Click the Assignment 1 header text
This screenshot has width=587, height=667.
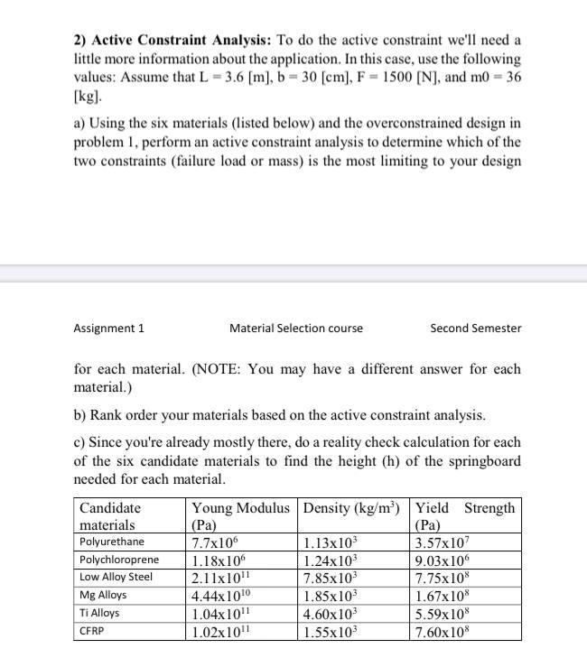(108, 329)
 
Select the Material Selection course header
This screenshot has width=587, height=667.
(296, 329)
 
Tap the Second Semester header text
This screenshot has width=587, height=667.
(476, 329)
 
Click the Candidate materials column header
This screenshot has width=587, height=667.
(109, 515)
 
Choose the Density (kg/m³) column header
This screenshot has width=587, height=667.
(354, 508)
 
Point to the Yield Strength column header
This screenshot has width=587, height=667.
(465, 515)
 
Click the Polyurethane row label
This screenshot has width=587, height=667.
(112, 542)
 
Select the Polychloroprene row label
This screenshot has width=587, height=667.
(119, 560)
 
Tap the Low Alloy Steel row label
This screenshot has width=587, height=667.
(116, 578)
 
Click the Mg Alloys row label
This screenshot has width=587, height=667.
(103, 596)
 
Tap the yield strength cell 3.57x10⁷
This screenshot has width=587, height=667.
(443, 542)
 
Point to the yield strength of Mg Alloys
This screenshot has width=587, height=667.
(443, 596)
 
